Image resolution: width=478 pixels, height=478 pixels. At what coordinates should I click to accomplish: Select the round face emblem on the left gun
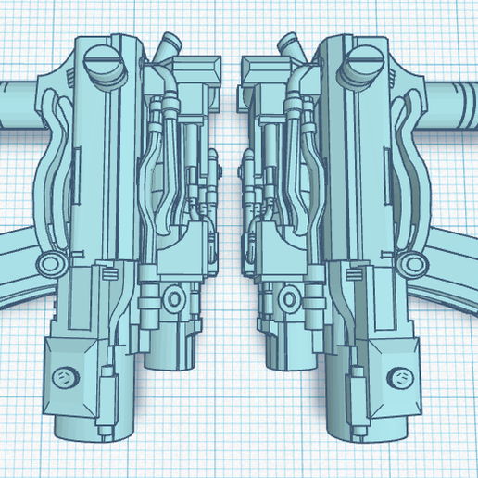coord(66,377)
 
